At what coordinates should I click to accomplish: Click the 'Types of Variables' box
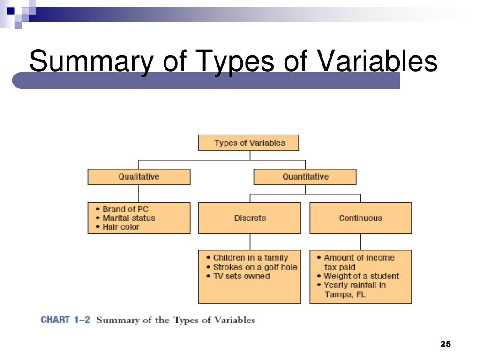[x=248, y=143]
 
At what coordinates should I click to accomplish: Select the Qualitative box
[x=139, y=177]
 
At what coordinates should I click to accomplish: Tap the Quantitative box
[x=305, y=177]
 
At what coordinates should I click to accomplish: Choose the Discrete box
[x=250, y=218]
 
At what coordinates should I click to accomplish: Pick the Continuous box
[x=360, y=218]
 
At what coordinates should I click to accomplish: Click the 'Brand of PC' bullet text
[x=125, y=209]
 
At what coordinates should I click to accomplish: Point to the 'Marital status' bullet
[x=128, y=218]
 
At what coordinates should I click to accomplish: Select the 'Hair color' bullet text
[x=121, y=227]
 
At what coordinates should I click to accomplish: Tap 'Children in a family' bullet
[x=250, y=258]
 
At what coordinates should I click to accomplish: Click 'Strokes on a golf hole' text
[x=255, y=267]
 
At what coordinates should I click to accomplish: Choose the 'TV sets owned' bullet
[x=241, y=276]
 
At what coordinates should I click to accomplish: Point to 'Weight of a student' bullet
[x=361, y=276]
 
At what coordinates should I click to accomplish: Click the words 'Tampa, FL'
[x=345, y=294]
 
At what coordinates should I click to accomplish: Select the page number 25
[x=445, y=345]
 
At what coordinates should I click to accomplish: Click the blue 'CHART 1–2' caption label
[x=65, y=320]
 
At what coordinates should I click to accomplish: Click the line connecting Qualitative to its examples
[x=139, y=193]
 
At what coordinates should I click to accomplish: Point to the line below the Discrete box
[x=250, y=242]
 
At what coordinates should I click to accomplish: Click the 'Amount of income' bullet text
[x=359, y=258]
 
